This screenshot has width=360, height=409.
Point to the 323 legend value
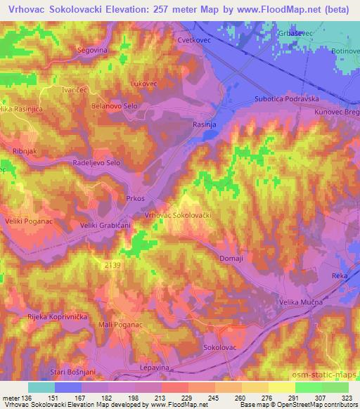tap(347, 397)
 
